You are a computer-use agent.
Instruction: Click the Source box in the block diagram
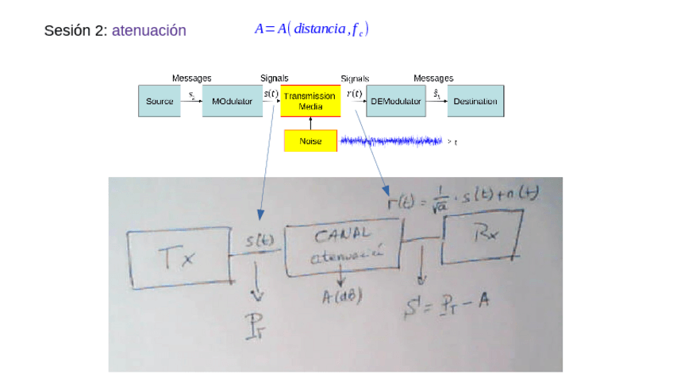tap(160, 102)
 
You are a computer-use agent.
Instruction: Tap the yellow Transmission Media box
tap(310, 101)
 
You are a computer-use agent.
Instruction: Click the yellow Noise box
tap(310, 141)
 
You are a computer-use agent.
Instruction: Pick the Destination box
tap(475, 102)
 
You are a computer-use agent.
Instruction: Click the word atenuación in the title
tap(149, 31)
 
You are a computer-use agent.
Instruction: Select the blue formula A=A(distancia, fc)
tap(311, 29)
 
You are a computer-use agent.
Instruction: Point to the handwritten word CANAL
tap(342, 236)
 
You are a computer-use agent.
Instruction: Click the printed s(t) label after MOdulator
tap(271, 94)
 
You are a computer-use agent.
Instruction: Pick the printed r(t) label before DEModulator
tap(354, 94)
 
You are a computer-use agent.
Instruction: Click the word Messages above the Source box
tap(191, 78)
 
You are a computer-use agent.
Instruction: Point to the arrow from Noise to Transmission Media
tap(310, 123)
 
